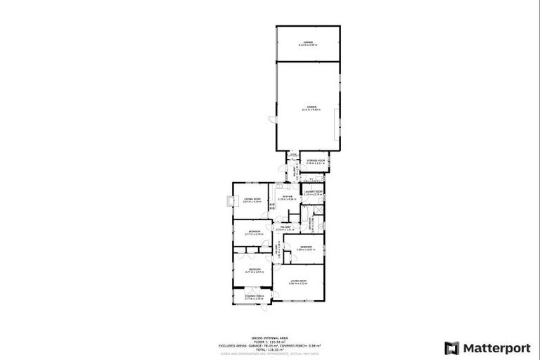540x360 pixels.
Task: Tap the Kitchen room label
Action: (x=288, y=198)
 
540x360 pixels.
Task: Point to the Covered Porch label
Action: (x=254, y=297)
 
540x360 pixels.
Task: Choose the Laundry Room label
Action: (x=313, y=192)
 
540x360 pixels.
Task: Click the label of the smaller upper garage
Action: (x=308, y=44)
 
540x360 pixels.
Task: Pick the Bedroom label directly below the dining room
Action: (x=254, y=232)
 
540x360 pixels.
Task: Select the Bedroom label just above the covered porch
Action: (x=254, y=270)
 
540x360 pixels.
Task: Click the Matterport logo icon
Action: (x=450, y=347)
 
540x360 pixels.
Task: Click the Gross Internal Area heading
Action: (x=269, y=339)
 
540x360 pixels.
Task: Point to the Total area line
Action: (x=269, y=349)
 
